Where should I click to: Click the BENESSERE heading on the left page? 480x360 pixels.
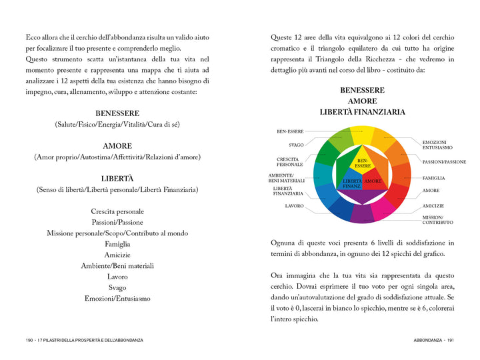point(117,113)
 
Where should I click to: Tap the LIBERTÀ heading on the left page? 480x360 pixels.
point(117,179)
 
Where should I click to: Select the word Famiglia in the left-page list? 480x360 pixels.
point(117,244)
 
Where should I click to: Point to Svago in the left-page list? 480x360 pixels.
point(117,287)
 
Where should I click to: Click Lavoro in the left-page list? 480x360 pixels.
point(117,277)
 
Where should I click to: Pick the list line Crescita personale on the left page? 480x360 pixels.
point(117,211)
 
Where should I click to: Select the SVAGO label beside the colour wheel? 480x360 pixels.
point(297,145)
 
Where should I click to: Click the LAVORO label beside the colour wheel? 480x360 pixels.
point(295,206)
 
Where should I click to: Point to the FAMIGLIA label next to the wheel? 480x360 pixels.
point(433,178)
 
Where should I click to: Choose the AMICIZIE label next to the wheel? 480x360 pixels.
point(433,206)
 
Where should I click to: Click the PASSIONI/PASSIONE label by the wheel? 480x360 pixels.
point(444,162)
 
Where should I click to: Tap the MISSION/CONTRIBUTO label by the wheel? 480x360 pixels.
point(438,219)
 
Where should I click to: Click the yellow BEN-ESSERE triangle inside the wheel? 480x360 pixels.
point(362,163)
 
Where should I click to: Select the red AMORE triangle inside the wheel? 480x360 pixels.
point(373,181)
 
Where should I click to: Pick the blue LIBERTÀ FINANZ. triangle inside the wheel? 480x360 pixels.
point(351,183)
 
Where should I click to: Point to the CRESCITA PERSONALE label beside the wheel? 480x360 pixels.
point(290,162)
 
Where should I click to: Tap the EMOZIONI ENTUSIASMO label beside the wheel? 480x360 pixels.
point(437,145)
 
